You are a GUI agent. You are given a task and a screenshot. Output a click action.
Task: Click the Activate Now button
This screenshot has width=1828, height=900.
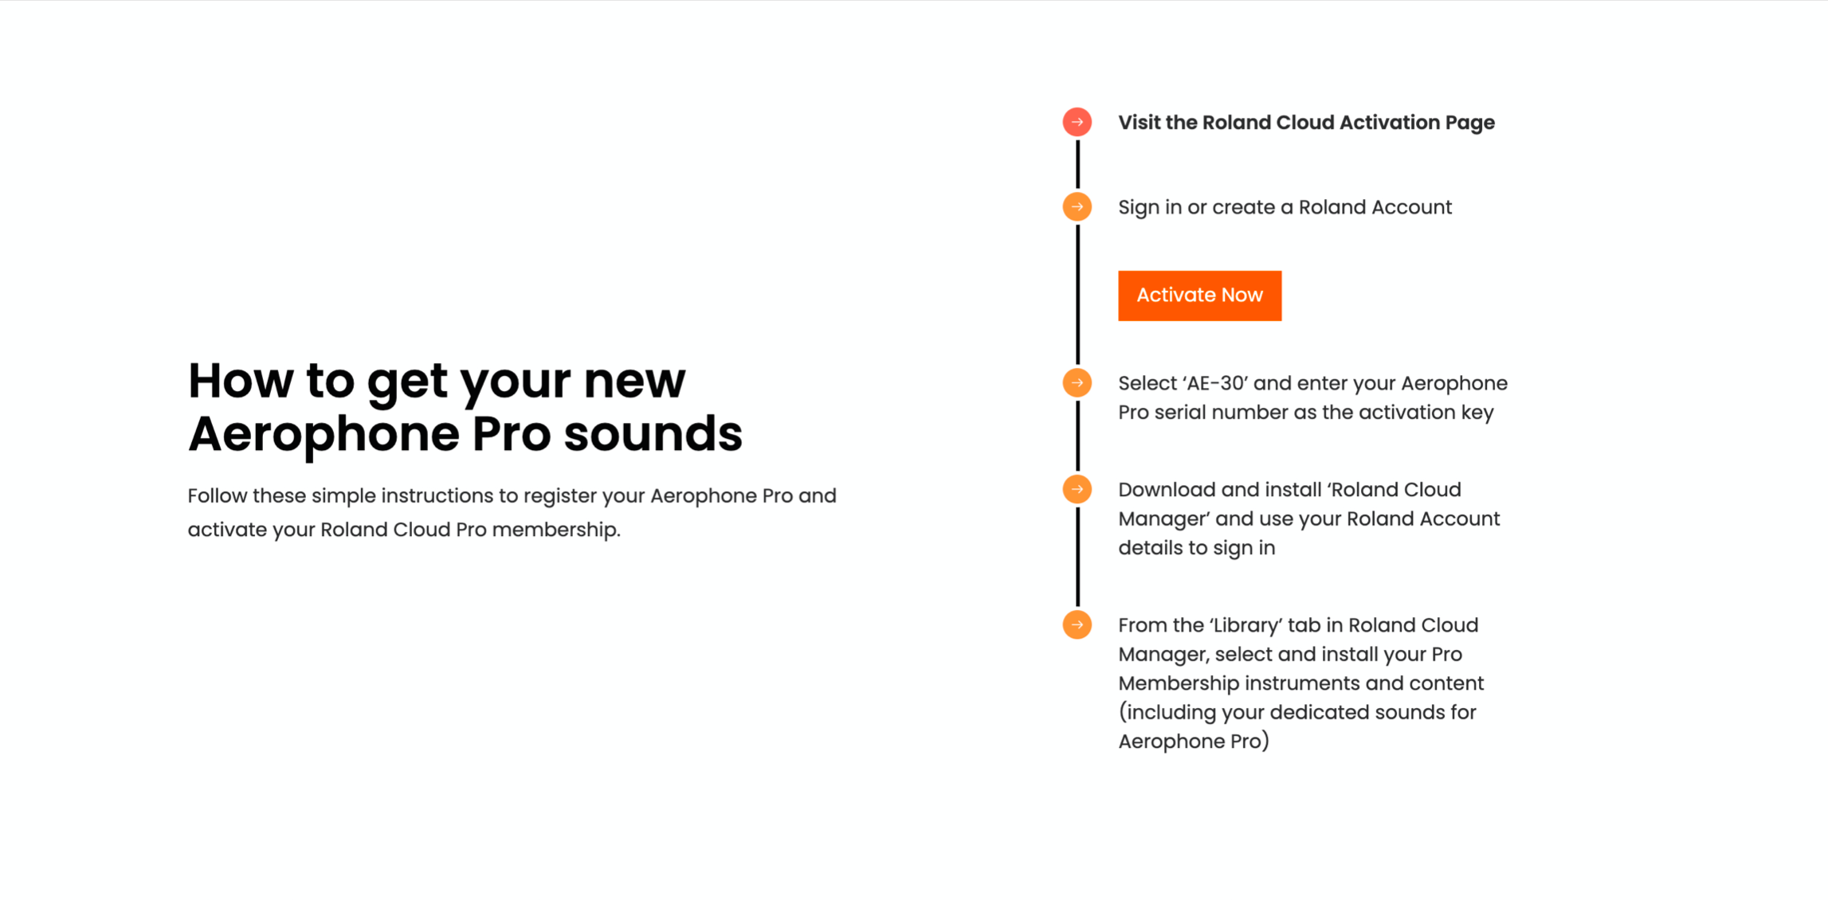(1199, 295)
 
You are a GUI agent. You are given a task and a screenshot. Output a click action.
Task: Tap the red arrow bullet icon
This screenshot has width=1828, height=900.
(1077, 122)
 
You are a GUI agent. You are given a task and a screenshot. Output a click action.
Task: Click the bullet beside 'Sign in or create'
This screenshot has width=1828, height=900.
(1077, 207)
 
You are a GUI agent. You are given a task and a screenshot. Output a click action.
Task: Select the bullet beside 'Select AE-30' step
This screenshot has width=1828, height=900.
(1077, 383)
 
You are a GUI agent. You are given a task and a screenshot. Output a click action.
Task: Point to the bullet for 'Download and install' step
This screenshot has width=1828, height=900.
(1077, 489)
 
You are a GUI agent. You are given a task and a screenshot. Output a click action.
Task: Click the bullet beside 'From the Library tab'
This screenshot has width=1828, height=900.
(1077, 624)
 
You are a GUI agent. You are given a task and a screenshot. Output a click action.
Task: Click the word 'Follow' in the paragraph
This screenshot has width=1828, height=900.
(218, 495)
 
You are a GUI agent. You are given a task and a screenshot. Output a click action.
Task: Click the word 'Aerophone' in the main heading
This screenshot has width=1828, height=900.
(324, 435)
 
